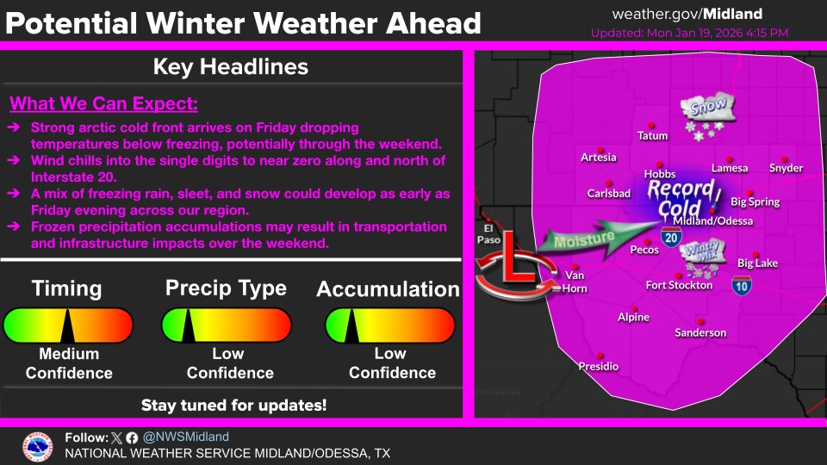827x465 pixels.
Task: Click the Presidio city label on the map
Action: [x=598, y=367]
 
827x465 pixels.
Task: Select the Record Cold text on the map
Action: [x=681, y=198]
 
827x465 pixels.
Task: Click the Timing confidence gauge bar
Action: [x=69, y=326]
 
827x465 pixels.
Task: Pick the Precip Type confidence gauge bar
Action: [x=229, y=326]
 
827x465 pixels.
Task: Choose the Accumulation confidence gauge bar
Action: [x=389, y=326]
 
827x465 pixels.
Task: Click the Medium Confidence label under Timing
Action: [x=69, y=363]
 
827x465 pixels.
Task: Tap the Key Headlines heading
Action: [x=230, y=66]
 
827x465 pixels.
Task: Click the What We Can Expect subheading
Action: [x=103, y=105]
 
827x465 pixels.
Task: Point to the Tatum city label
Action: [x=652, y=136]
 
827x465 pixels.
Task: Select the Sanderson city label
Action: [x=700, y=332]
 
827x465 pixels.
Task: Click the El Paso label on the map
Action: [x=487, y=235]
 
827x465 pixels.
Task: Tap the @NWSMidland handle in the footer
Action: [x=185, y=437]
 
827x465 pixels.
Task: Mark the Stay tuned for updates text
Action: [x=233, y=404]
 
